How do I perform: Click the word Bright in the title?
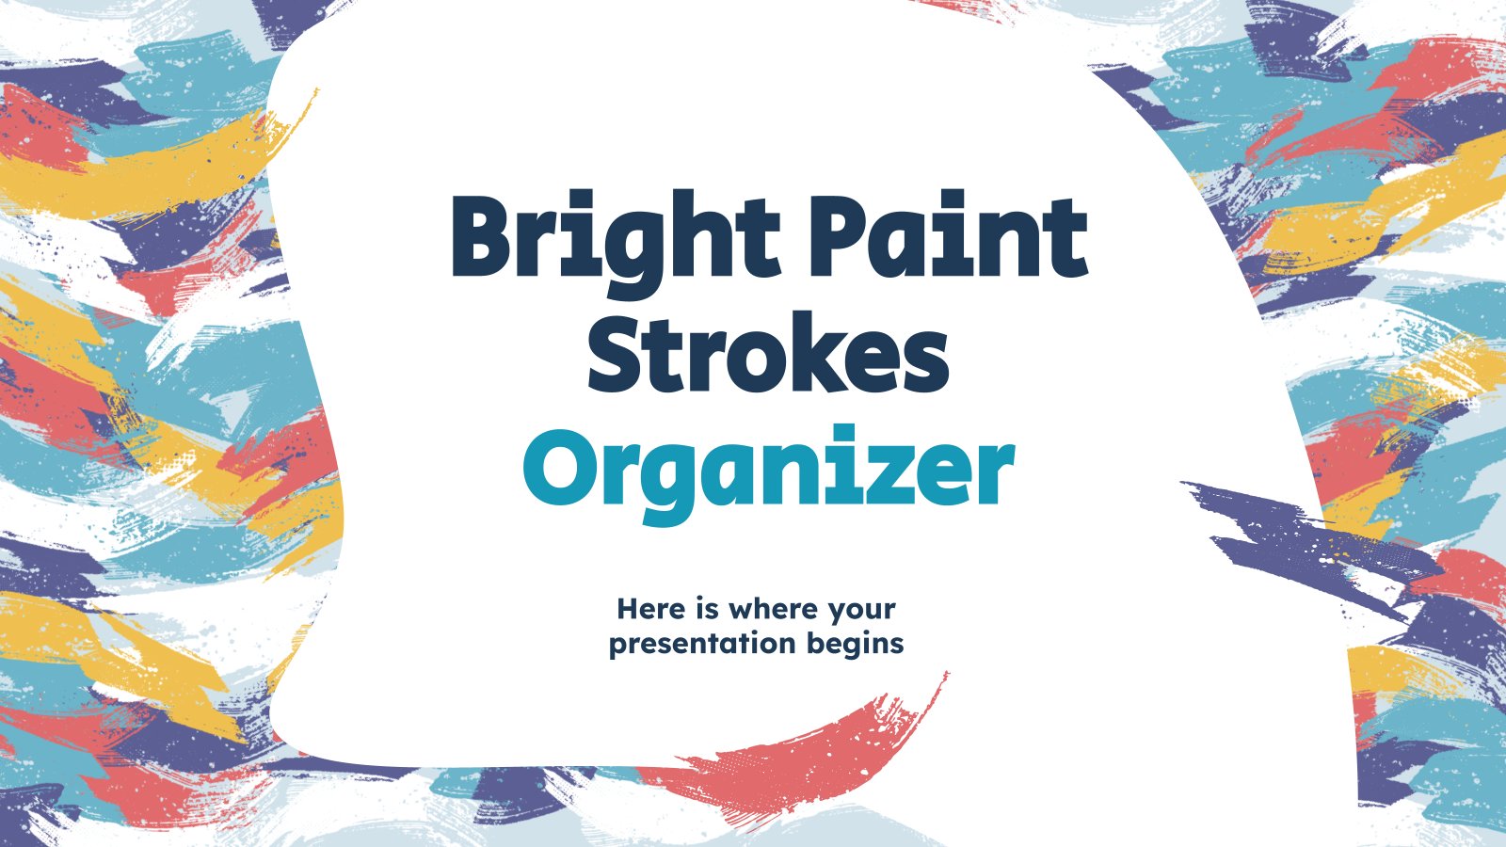tap(616, 244)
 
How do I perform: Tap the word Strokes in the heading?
tap(768, 352)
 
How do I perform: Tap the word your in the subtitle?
tap(862, 612)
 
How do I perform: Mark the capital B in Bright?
tap(485, 235)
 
